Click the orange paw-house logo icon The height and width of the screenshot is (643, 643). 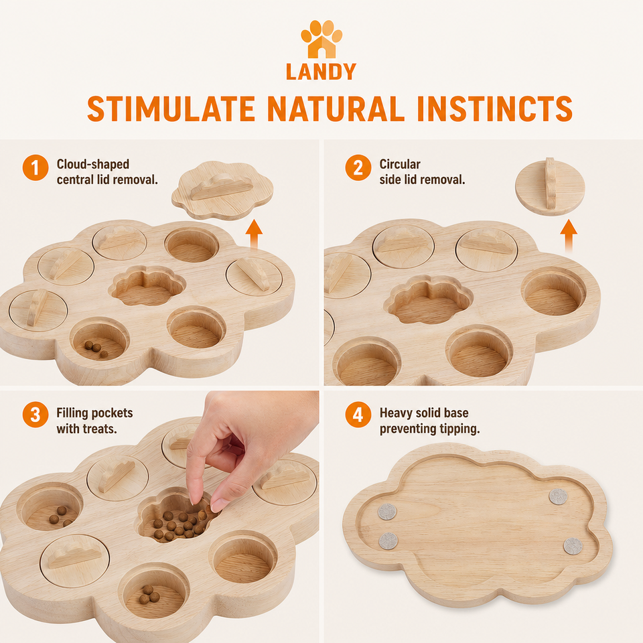(x=321, y=39)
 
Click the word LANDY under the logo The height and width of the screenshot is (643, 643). (x=321, y=72)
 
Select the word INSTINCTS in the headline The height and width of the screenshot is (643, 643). (x=494, y=109)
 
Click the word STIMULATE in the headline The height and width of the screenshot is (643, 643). (x=171, y=109)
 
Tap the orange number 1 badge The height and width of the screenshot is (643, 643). (x=35, y=167)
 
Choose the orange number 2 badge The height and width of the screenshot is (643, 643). (x=358, y=167)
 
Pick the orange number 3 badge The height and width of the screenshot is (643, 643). (x=35, y=415)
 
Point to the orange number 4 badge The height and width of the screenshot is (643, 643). (x=358, y=415)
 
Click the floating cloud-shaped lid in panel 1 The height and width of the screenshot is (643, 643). (x=222, y=191)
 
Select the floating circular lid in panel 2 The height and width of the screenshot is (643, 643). (x=550, y=187)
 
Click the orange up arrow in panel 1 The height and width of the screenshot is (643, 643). (x=254, y=234)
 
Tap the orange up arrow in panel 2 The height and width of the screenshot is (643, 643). (x=569, y=235)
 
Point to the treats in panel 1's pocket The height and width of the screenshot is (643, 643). (x=96, y=348)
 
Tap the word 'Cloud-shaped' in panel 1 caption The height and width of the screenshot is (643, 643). (x=92, y=165)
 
